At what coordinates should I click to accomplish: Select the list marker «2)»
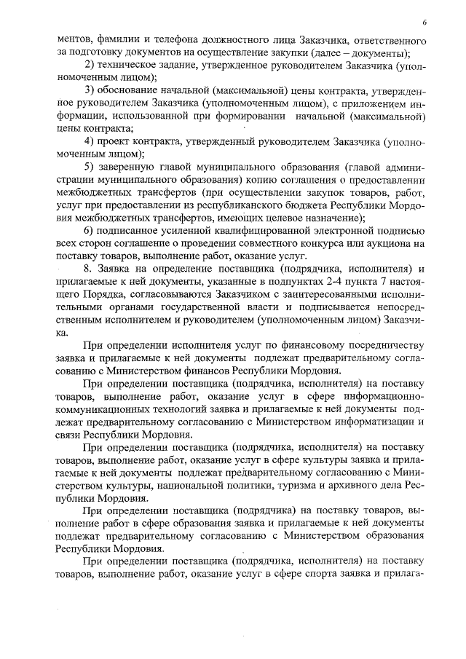pos(91,66)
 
